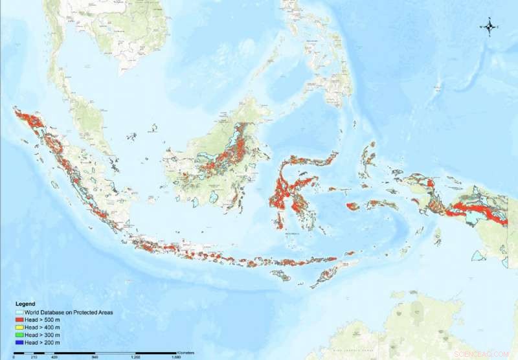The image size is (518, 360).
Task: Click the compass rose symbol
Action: (x=490, y=27)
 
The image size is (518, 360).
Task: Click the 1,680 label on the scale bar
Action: (x=176, y=356)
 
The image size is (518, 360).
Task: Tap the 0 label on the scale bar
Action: (x=14, y=356)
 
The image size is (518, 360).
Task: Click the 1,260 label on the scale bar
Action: (x=135, y=356)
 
